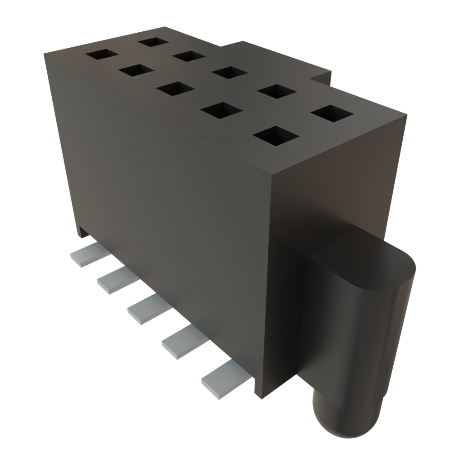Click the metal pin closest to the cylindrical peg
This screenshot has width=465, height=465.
pyautogui.click(x=226, y=381)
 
